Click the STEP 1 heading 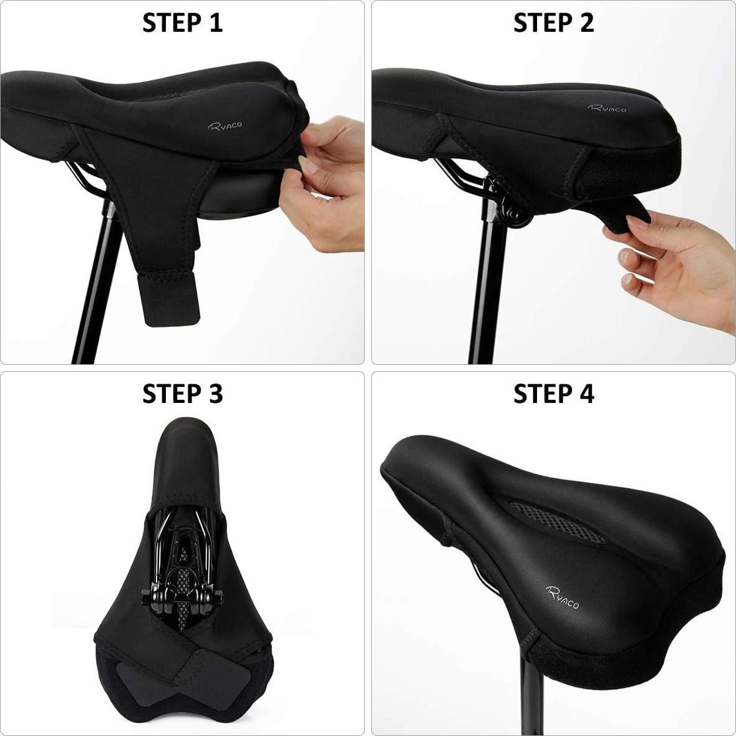pyautogui.click(x=182, y=22)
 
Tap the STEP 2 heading pyautogui.click(x=553, y=22)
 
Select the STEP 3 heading pyautogui.click(x=182, y=394)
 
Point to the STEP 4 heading pyautogui.click(x=553, y=394)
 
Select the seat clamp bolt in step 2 pyautogui.click(x=515, y=216)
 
